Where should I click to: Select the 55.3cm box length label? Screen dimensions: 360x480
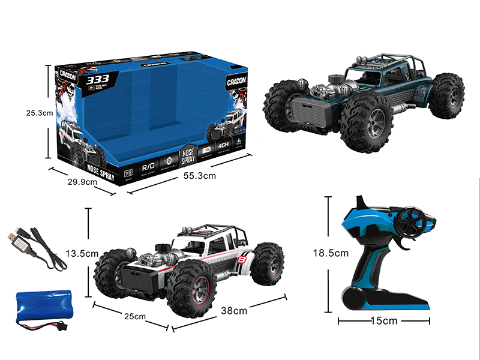198,175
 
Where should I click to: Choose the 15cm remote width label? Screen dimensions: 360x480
385,321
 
